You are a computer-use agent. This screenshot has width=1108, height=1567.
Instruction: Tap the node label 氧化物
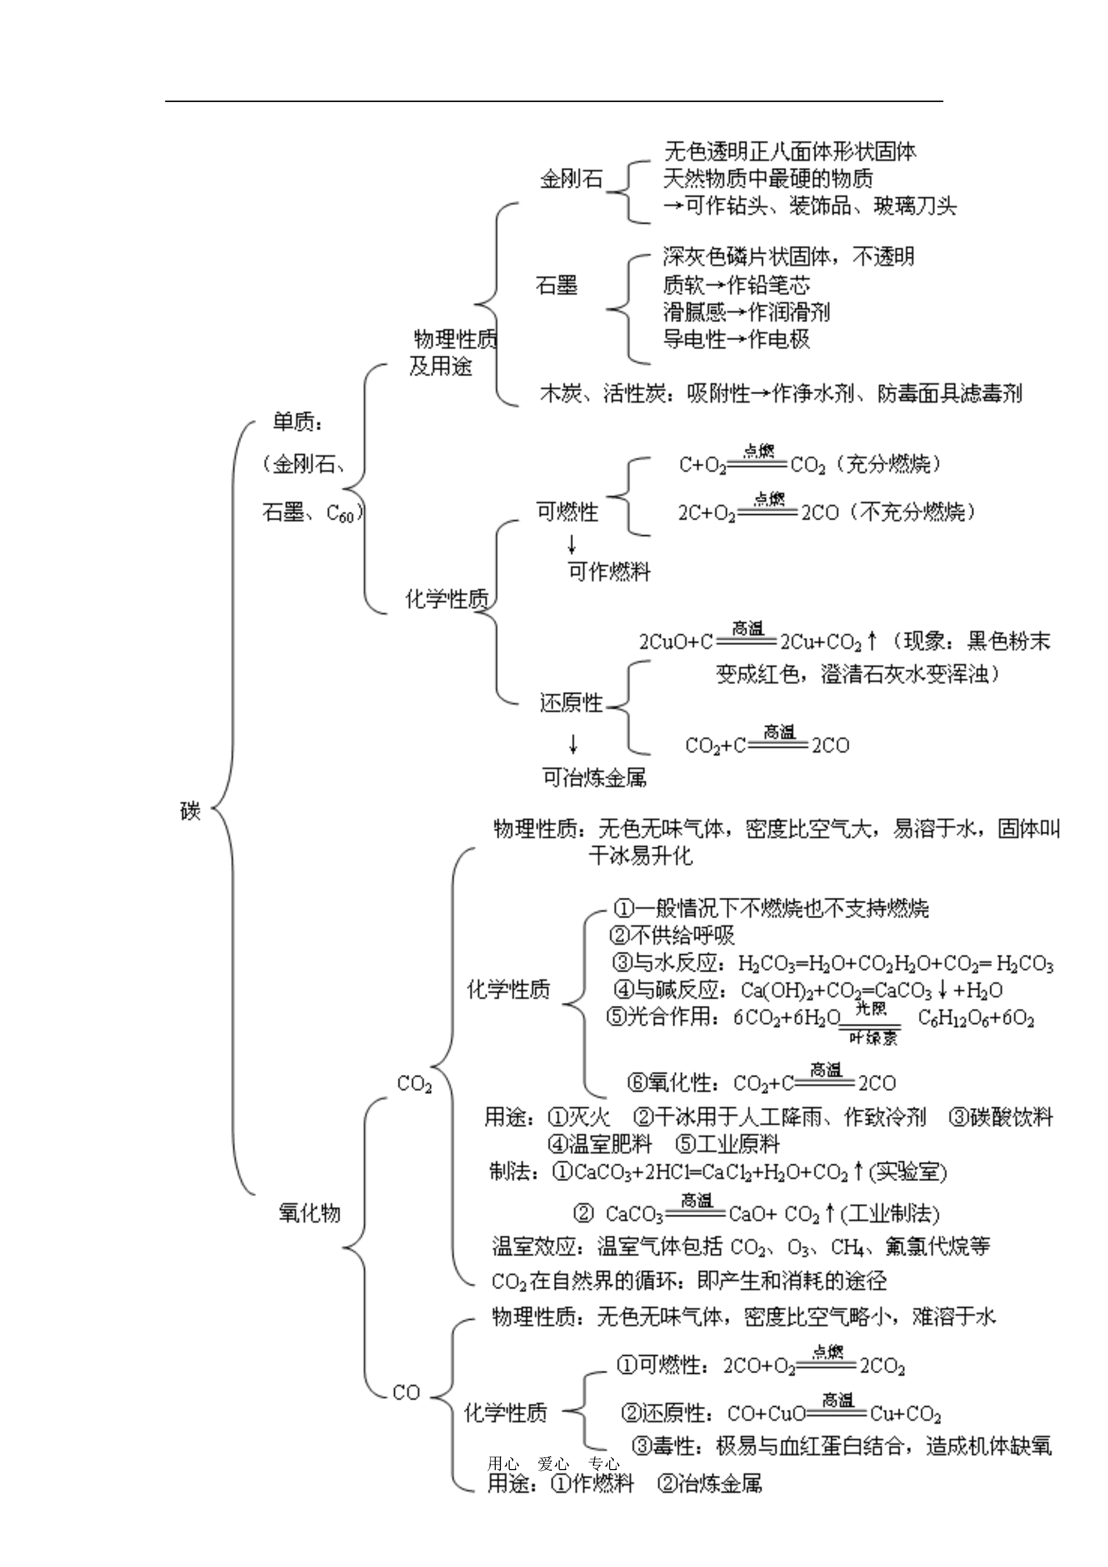309,1213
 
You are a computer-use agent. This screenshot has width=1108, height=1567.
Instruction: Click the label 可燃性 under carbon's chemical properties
567,512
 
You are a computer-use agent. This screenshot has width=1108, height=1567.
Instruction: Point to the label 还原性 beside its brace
570,703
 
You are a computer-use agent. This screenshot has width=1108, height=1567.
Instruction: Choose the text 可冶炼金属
594,778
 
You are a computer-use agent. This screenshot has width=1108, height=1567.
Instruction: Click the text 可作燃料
609,572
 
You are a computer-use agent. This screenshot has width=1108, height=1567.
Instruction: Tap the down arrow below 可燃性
572,544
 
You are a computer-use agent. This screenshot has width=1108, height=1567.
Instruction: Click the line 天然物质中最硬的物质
767,179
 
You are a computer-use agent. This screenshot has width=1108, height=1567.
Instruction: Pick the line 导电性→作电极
736,339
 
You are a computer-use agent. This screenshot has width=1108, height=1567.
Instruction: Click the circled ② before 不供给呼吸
620,936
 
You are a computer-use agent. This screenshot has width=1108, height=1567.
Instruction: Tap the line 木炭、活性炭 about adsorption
780,394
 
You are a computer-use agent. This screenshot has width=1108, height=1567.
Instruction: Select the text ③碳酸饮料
1001,1117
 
